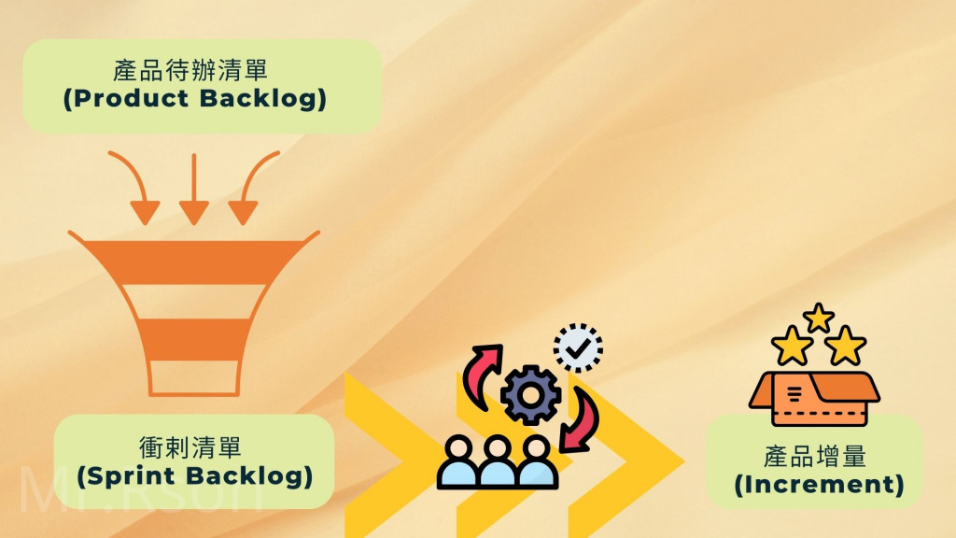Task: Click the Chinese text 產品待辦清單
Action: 194,70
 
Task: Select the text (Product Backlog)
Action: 194,99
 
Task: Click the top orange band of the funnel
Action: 193,258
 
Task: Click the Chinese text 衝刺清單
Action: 193,447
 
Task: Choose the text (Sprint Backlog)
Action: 193,476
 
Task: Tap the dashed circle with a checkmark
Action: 578,348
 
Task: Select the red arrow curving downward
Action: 580,419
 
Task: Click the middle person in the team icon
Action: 498,460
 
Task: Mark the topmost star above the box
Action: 818,317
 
